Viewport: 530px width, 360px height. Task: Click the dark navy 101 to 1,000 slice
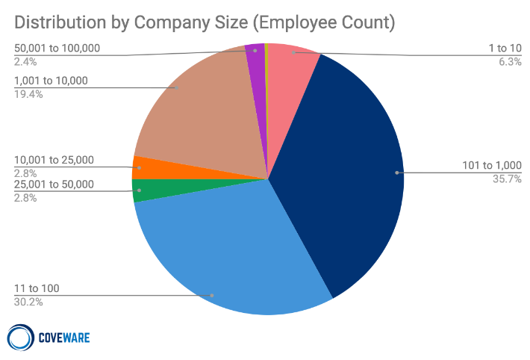[343, 172]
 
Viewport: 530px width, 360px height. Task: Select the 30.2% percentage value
[29, 302]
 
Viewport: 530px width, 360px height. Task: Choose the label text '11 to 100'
[37, 288]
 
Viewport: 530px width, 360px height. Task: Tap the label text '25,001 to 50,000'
[54, 184]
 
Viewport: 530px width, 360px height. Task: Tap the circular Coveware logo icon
[20, 338]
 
